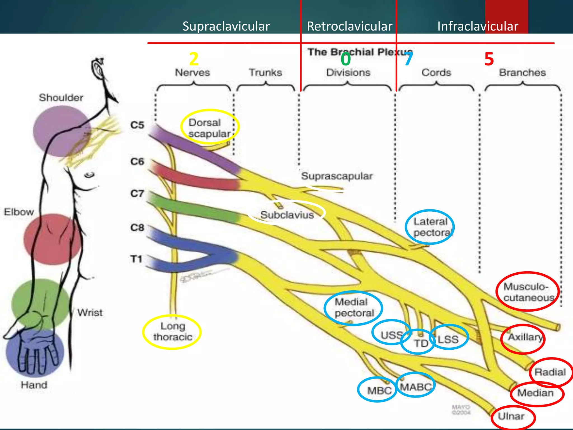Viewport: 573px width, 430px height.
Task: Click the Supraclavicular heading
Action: tap(226, 26)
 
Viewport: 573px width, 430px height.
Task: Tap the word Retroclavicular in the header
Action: tap(349, 26)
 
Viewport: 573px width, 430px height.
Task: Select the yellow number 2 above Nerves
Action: tap(194, 59)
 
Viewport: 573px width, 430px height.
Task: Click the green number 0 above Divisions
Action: tap(346, 60)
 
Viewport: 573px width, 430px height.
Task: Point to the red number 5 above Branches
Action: tap(489, 59)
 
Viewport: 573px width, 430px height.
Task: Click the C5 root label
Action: tap(137, 125)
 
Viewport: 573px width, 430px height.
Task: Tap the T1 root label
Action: tap(136, 259)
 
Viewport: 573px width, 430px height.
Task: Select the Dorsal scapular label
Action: tap(209, 128)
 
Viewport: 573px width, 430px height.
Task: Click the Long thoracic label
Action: tap(173, 331)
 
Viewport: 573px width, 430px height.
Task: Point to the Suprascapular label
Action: tap(337, 176)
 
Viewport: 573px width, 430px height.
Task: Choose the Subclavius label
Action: tap(287, 215)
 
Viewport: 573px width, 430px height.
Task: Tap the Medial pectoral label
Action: tap(354, 307)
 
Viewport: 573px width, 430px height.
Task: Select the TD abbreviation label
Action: tap(421, 343)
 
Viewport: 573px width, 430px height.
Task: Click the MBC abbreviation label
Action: tap(379, 390)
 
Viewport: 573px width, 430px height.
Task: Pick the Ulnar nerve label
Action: tap(511, 416)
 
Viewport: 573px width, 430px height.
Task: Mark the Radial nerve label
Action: tap(550, 372)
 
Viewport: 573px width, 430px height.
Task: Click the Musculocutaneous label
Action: tap(528, 292)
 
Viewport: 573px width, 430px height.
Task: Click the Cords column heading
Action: tap(436, 73)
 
